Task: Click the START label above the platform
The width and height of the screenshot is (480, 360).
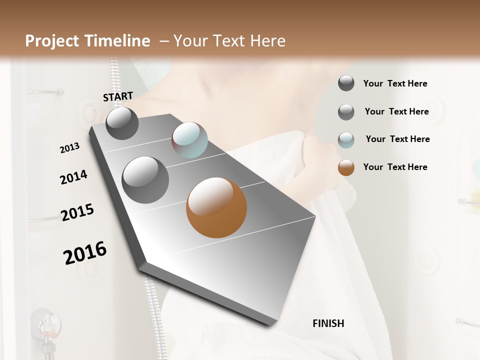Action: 118,96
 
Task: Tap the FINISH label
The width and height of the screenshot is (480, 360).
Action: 328,323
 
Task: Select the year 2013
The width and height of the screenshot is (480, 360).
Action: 69,148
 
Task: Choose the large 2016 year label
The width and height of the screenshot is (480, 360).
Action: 85,252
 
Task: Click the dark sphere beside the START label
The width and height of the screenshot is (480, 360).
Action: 122,123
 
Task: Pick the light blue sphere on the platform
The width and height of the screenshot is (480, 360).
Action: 189,140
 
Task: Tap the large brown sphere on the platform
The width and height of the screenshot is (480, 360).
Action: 216,207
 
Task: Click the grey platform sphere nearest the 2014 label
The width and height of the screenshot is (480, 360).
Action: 145,180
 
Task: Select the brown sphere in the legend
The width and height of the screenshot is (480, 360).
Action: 346,167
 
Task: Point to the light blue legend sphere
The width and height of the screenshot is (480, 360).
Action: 346,140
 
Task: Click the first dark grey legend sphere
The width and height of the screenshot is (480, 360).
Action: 346,83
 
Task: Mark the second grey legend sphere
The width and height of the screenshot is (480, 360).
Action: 346,112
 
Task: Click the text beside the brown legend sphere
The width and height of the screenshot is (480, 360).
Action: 395,167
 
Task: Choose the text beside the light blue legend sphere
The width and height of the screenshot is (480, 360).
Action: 397,139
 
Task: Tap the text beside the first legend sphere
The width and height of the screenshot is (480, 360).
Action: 395,83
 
